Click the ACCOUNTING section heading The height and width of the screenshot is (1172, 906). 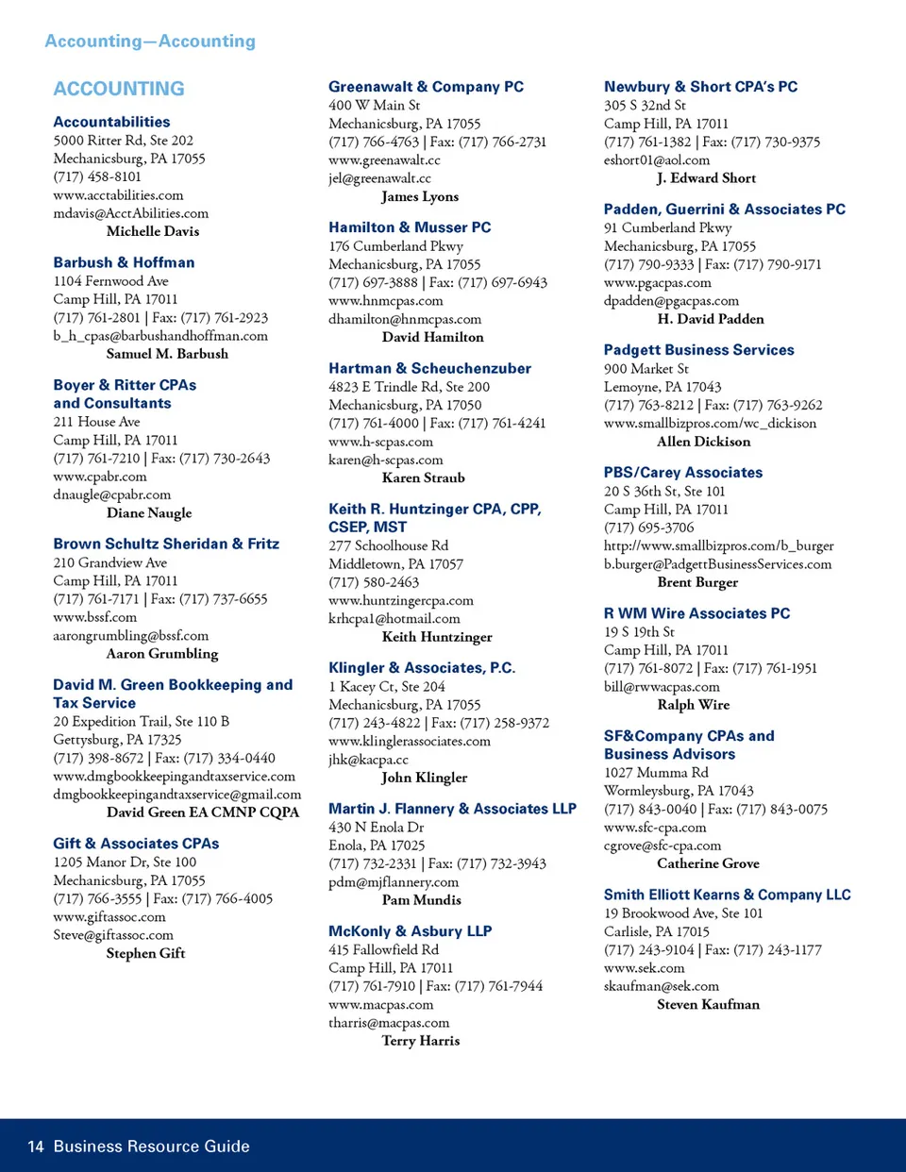[119, 89]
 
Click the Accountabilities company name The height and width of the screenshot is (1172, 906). [111, 122]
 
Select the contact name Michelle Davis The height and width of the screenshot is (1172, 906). [153, 231]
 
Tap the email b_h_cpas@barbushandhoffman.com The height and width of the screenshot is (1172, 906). [160, 336]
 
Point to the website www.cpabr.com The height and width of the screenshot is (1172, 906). [100, 477]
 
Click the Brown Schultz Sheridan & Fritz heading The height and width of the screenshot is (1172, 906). [166, 544]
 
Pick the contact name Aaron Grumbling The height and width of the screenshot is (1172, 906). [162, 654]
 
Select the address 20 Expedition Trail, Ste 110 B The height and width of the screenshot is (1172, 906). [142, 722]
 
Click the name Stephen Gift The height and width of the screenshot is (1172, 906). [145, 954]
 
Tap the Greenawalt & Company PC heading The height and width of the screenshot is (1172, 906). [426, 87]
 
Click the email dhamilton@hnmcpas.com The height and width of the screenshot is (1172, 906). [405, 320]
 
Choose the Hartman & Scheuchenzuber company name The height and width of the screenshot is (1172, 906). [429, 369]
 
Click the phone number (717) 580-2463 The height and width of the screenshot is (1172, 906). [374, 582]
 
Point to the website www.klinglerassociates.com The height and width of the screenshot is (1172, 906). [410, 742]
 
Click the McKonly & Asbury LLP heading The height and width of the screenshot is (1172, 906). [410, 931]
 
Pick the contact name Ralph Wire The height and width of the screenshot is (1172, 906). [694, 705]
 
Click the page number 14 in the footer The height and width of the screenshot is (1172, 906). [36, 1147]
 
